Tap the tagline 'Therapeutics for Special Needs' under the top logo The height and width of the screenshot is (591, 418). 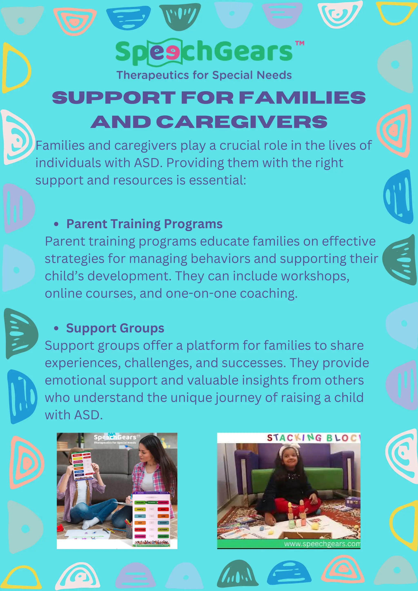click(x=204, y=75)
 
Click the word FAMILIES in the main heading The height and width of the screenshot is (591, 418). click(x=302, y=98)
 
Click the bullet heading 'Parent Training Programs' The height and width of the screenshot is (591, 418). click(x=144, y=224)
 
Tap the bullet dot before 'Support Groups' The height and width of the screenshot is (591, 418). click(x=56, y=328)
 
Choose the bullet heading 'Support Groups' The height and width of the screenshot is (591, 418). click(x=115, y=328)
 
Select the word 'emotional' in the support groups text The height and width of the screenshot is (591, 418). click(x=75, y=380)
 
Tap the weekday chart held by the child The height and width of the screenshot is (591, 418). click(x=82, y=466)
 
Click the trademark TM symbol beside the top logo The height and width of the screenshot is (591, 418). click(x=300, y=43)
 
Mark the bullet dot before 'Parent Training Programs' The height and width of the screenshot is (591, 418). click(x=56, y=224)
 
